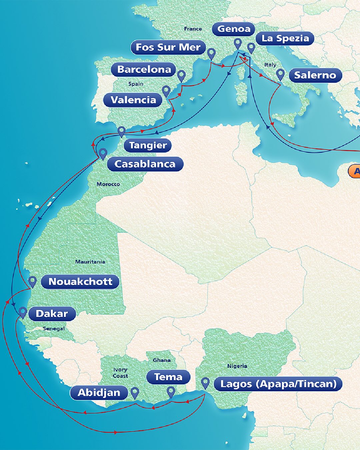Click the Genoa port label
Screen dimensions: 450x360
pyautogui.click(x=234, y=29)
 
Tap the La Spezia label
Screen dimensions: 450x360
pyautogui.click(x=285, y=38)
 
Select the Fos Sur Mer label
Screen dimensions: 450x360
pyautogui.click(x=168, y=47)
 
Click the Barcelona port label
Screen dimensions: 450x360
pyautogui.click(x=144, y=69)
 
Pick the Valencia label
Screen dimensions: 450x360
pyautogui.click(x=133, y=100)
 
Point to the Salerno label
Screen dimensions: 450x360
pyautogui.click(x=315, y=75)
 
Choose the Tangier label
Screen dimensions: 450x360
pyautogui.click(x=148, y=145)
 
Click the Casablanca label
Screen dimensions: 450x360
pyautogui.click(x=145, y=164)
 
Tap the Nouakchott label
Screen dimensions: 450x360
pyautogui.click(x=80, y=282)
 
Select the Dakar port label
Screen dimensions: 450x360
pyautogui.click(x=52, y=314)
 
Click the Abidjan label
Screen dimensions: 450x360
pyautogui.click(x=99, y=393)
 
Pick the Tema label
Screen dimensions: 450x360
pyautogui.click(x=168, y=377)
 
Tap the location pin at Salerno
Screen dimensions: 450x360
pyautogui.click(x=280, y=74)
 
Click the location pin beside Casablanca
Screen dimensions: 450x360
pyautogui.click(x=103, y=153)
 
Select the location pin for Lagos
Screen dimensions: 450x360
pyautogui.click(x=205, y=383)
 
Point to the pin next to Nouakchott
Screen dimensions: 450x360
pyautogui.click(x=32, y=281)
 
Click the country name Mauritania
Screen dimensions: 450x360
pyautogui.click(x=90, y=262)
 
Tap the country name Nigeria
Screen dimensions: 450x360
pyautogui.click(x=237, y=366)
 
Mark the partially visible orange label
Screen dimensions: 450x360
pyautogui.click(x=354, y=171)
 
